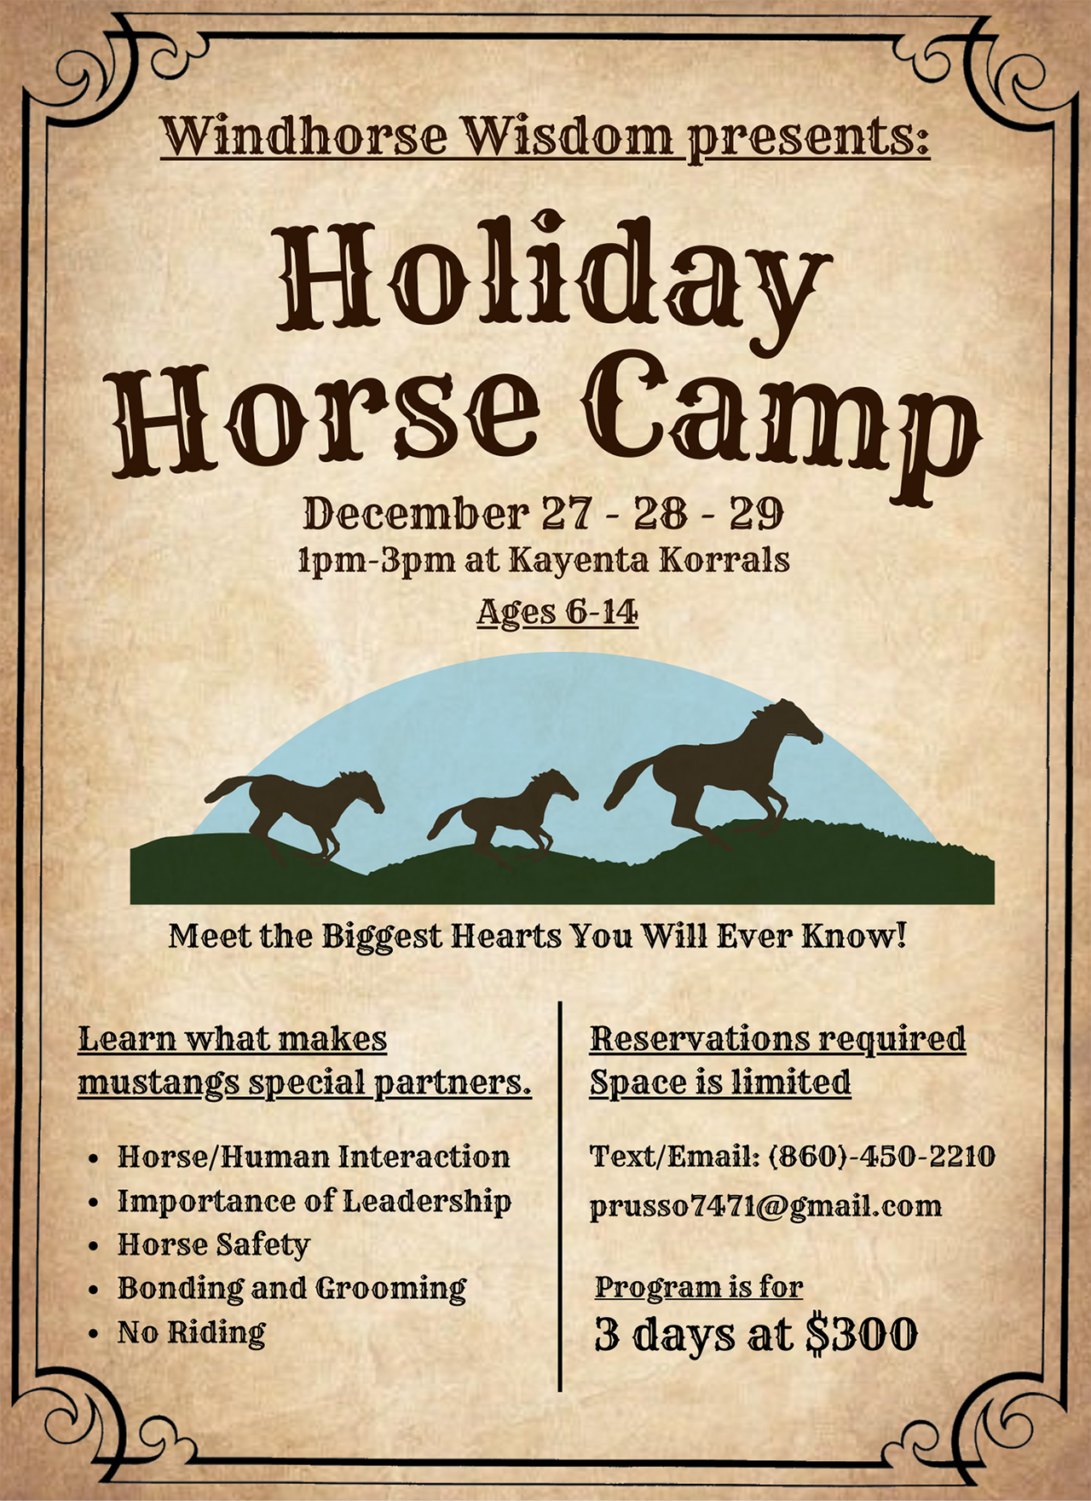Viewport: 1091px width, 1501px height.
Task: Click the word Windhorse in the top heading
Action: tap(305, 136)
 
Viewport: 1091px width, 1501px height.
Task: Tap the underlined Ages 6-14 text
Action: tap(557, 611)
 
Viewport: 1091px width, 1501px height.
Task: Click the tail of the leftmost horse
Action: tap(228, 788)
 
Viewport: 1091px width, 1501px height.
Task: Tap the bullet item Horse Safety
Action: tap(214, 1244)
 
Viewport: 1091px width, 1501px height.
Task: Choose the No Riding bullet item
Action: tap(192, 1332)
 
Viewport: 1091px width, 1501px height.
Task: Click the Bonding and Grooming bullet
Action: tap(292, 1288)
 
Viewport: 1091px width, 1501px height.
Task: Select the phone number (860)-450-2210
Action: tap(882, 1156)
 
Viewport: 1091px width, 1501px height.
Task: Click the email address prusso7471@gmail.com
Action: tap(765, 1206)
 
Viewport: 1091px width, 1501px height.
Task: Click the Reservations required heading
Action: tap(777, 1039)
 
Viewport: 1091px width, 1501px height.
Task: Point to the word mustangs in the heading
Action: tap(159, 1083)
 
